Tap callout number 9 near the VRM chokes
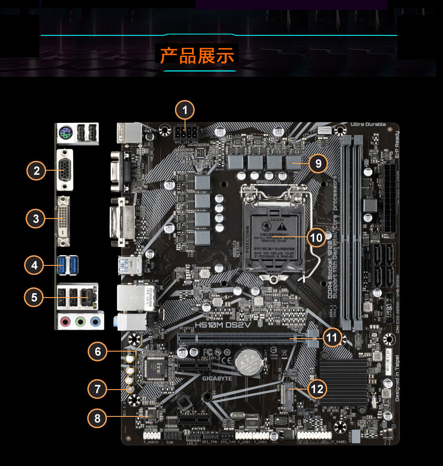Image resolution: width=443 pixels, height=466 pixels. coord(318,164)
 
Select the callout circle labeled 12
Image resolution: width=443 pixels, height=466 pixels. coord(317,389)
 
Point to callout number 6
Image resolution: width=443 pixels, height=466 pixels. coord(97,352)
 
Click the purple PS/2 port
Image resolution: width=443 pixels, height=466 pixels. coord(64,132)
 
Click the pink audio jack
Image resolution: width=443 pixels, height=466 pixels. coord(66,321)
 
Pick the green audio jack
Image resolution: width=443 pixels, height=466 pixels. coord(81,321)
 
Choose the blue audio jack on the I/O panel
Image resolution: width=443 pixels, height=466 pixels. coord(95,321)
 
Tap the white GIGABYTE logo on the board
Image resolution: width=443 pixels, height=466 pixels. coord(217,378)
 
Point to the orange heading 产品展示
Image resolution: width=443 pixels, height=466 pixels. coord(197,56)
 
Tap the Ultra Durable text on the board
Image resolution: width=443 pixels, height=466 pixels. coord(368,124)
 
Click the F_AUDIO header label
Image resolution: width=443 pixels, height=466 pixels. coord(151,442)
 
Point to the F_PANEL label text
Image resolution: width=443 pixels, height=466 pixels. coord(340,442)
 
